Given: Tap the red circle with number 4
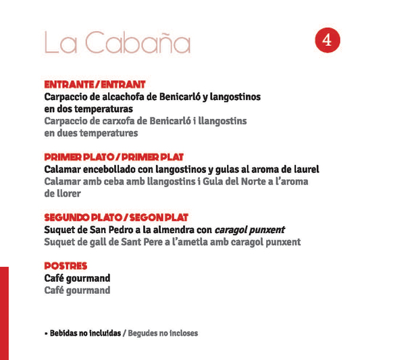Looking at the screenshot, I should [327, 41].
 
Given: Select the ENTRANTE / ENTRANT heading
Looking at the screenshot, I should [95, 84].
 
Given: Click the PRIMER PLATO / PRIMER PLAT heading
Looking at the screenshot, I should [113, 157].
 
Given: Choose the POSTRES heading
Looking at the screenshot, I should [66, 266].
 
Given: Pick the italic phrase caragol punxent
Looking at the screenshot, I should [249, 230].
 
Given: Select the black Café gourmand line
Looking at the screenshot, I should [77, 278].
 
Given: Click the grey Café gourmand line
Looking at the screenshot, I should [77, 290].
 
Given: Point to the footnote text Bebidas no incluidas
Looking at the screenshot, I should [85, 333].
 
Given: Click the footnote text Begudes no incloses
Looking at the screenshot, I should [163, 333].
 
